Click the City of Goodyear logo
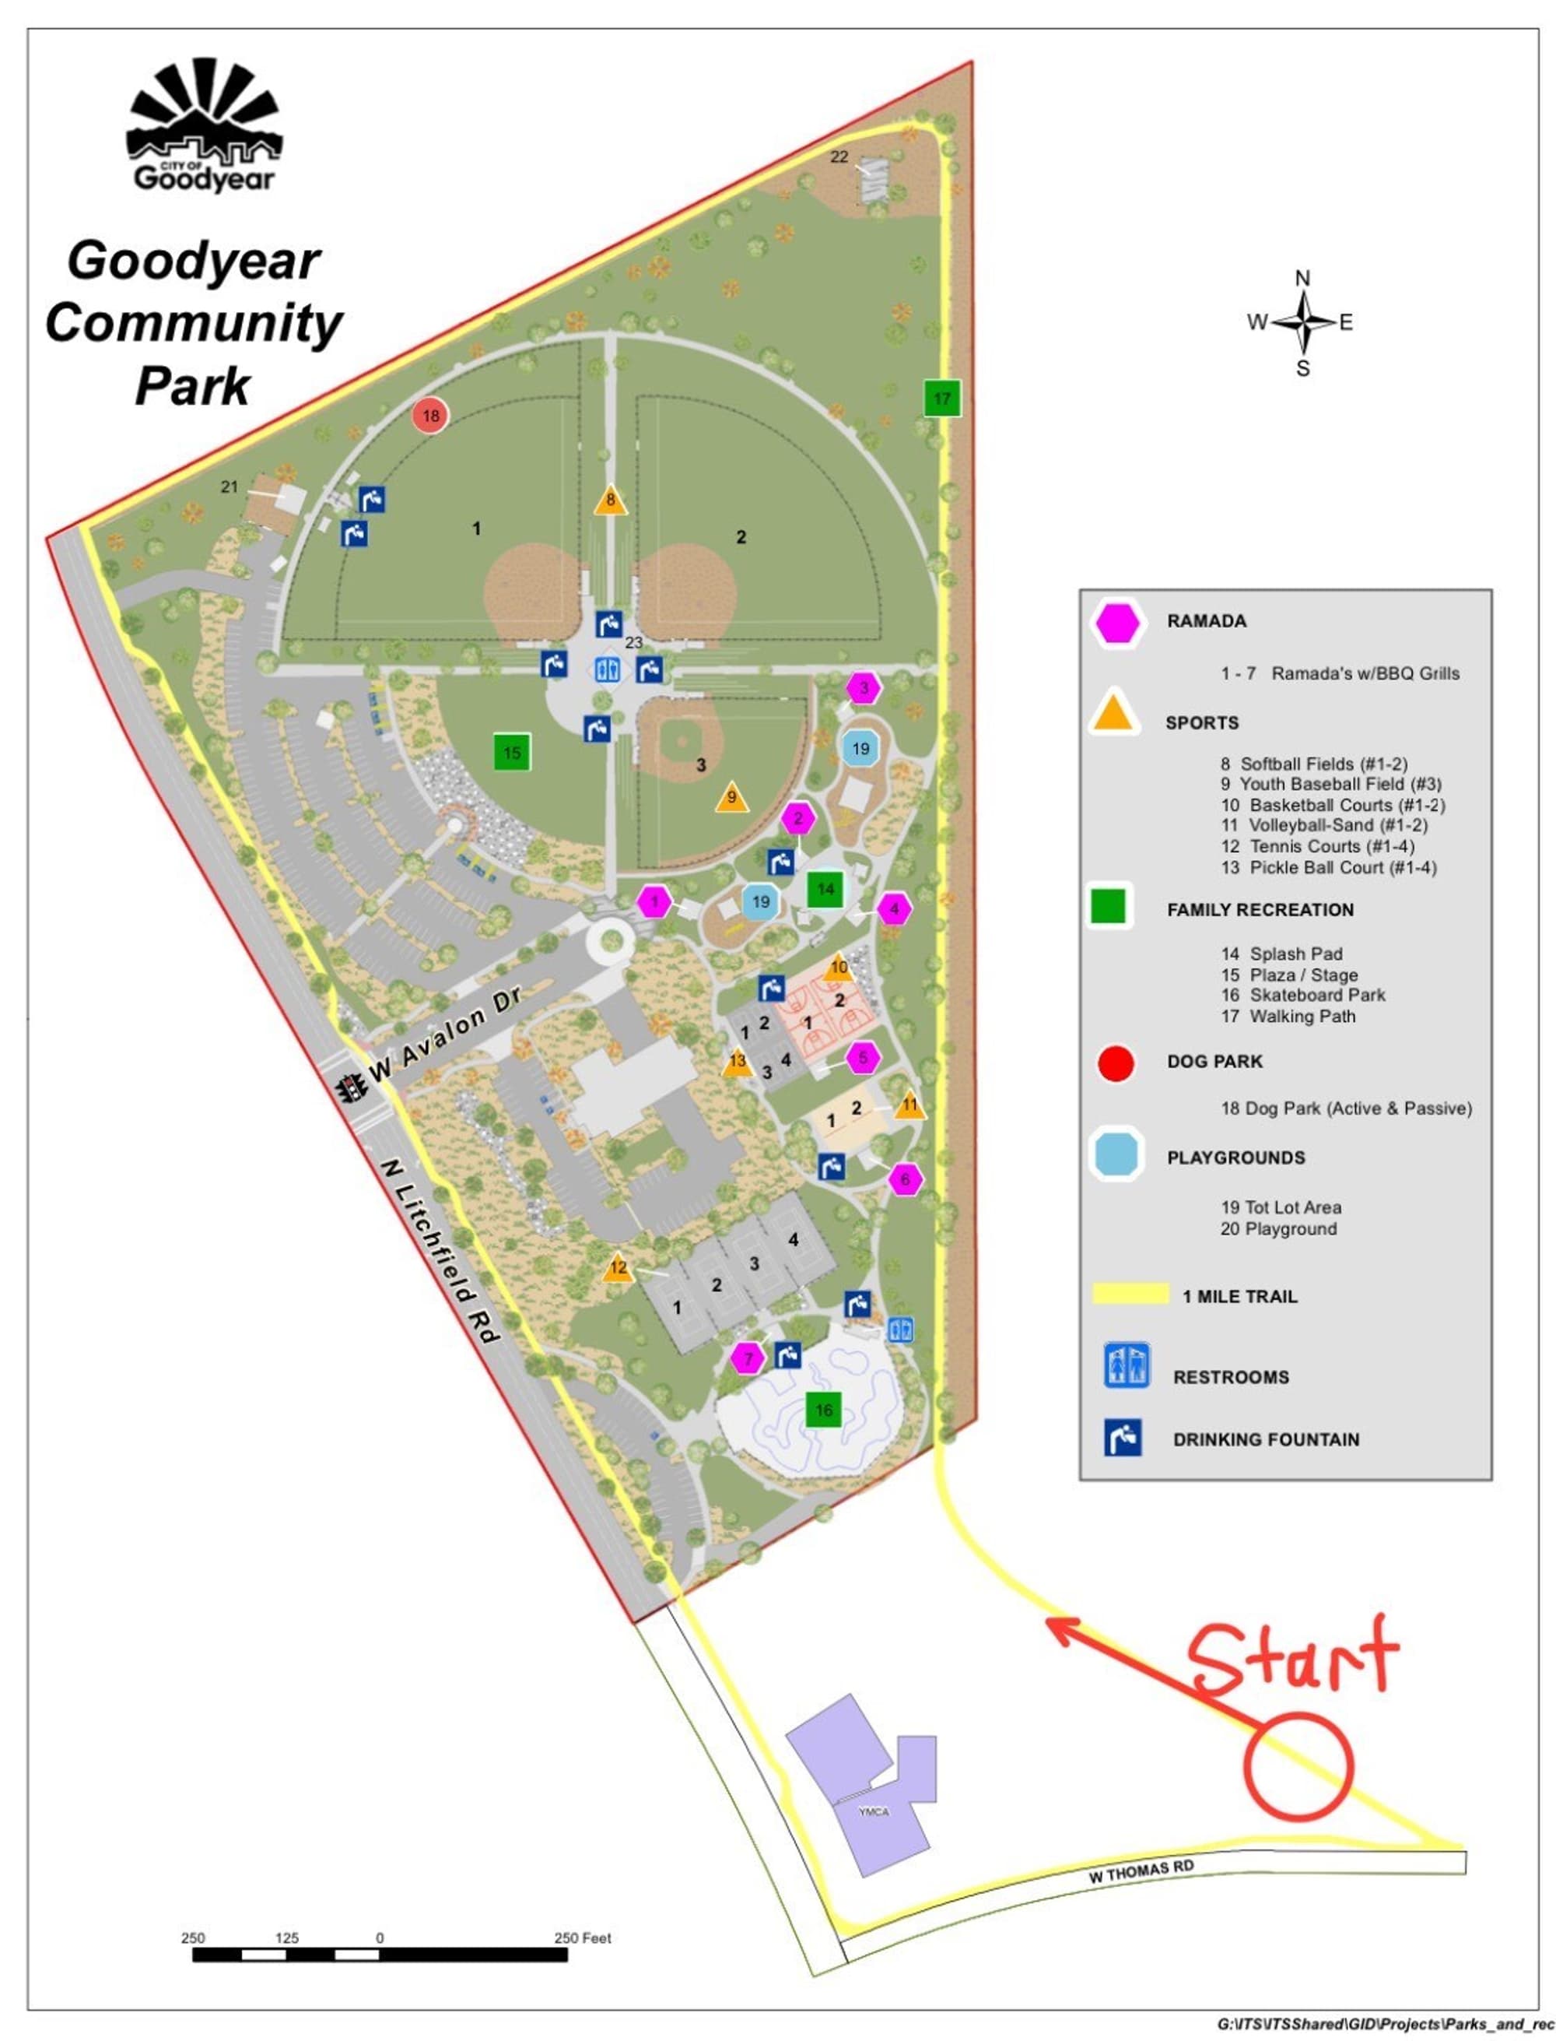pyautogui.click(x=204, y=125)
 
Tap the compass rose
pyautogui.click(x=1302, y=322)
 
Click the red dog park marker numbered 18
pyautogui.click(x=431, y=416)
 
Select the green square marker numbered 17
pyautogui.click(x=942, y=399)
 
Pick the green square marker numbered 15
pyautogui.click(x=511, y=752)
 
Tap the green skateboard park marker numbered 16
pyautogui.click(x=823, y=1409)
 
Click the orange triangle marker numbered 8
pyautogui.click(x=611, y=501)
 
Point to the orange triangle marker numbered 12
pyautogui.click(x=618, y=1267)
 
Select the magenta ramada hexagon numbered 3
pyautogui.click(x=864, y=688)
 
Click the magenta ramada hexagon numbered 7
pyautogui.click(x=748, y=1358)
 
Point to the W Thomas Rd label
pyautogui.click(x=1141, y=1871)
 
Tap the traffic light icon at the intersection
pyautogui.click(x=350, y=1087)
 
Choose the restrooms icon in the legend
pyautogui.click(x=1127, y=1365)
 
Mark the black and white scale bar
pyautogui.click(x=380, y=1955)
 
